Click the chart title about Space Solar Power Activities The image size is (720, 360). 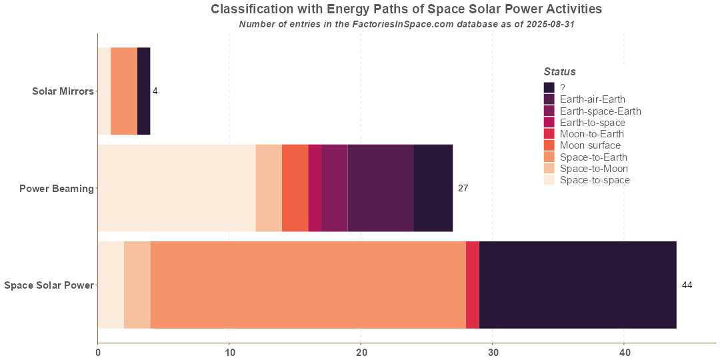[406, 9]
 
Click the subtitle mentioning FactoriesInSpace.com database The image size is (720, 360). [406, 24]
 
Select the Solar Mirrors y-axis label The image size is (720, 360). [63, 91]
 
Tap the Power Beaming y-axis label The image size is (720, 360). [57, 189]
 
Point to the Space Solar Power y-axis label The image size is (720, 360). [49, 286]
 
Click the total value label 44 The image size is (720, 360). [687, 285]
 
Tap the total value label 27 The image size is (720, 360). [463, 189]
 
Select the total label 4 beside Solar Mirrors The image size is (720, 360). [155, 91]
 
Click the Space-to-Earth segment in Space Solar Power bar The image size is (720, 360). [308, 285]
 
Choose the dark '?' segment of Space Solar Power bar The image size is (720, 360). [577, 285]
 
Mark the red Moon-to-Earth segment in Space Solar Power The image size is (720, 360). [473, 285]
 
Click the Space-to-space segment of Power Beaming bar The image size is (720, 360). [177, 188]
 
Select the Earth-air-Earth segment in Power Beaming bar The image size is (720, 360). [381, 188]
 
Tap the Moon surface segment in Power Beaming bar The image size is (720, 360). [295, 188]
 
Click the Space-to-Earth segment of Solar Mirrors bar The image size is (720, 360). [124, 91]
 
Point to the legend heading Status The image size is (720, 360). [559, 72]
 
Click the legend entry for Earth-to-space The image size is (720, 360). [592, 123]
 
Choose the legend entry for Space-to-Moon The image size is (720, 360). [593, 169]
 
